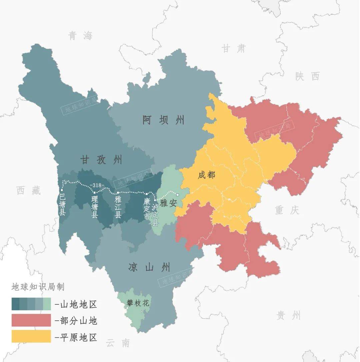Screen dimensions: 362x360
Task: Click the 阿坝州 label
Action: click(x=163, y=120)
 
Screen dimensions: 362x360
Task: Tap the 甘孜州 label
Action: click(x=101, y=160)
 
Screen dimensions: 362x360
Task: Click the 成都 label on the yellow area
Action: click(x=206, y=175)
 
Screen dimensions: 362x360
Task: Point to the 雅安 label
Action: click(x=168, y=203)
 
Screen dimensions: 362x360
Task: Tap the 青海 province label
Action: click(x=80, y=36)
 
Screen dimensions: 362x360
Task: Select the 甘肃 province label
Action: click(x=233, y=49)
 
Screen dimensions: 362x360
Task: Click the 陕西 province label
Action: click(x=307, y=76)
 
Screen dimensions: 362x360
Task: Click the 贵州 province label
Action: click(x=289, y=315)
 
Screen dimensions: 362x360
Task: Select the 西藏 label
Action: click(x=29, y=190)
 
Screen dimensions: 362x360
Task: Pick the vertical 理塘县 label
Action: click(x=95, y=207)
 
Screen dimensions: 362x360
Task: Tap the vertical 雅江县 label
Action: click(x=118, y=207)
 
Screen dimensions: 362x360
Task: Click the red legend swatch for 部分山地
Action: click(x=31, y=320)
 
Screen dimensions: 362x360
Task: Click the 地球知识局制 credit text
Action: click(x=38, y=287)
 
